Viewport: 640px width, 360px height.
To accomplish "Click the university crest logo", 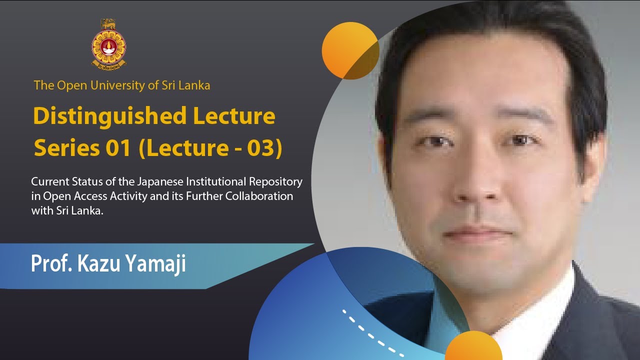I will [x=108, y=43].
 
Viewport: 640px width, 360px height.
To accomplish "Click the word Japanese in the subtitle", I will [x=152, y=181].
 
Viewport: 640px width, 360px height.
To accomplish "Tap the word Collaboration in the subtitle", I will [x=259, y=196].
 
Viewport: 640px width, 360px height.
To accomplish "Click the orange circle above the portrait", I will [x=350, y=50].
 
